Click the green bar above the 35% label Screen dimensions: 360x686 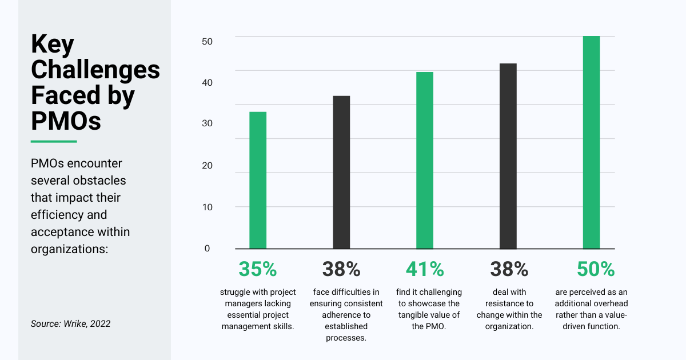(x=258, y=180)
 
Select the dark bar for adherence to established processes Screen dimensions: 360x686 (x=341, y=172)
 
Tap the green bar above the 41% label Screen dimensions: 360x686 (x=425, y=160)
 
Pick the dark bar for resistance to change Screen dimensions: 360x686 (x=508, y=156)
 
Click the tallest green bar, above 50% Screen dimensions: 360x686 (x=591, y=142)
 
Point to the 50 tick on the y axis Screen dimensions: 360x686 (x=207, y=41)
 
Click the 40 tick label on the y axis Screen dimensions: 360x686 (x=207, y=82)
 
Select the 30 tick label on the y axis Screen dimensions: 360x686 (x=207, y=123)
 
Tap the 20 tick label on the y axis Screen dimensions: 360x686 (x=207, y=166)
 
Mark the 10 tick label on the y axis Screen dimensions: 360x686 (x=207, y=207)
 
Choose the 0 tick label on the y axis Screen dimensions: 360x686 (x=207, y=248)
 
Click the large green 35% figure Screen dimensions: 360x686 (x=258, y=269)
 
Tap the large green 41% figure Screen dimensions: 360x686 (x=425, y=269)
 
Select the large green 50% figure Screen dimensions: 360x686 (x=591, y=269)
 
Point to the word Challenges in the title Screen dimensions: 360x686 (x=95, y=70)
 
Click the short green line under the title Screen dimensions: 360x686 (x=53, y=141)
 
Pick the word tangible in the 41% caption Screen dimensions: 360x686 (x=416, y=315)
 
